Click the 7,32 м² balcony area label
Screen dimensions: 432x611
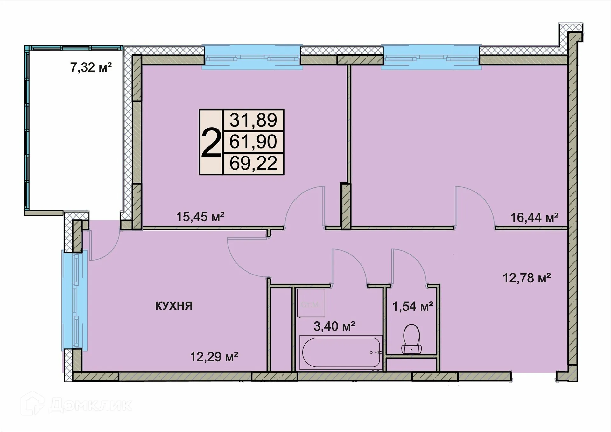[91, 67]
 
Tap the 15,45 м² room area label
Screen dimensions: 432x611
[200, 217]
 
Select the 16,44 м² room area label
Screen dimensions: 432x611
[534, 218]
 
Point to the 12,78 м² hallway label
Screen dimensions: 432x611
[527, 278]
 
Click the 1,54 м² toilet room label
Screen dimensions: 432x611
[412, 306]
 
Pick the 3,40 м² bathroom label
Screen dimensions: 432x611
[334, 326]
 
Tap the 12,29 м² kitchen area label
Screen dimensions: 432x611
[214, 357]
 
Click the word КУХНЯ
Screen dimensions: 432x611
[174, 306]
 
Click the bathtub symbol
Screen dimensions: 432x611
[341, 352]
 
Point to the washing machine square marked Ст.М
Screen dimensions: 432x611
[311, 303]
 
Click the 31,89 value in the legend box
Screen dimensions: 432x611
[253, 120]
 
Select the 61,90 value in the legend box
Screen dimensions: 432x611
[253, 142]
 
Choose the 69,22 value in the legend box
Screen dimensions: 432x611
[253, 164]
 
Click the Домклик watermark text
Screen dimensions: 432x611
[91, 405]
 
